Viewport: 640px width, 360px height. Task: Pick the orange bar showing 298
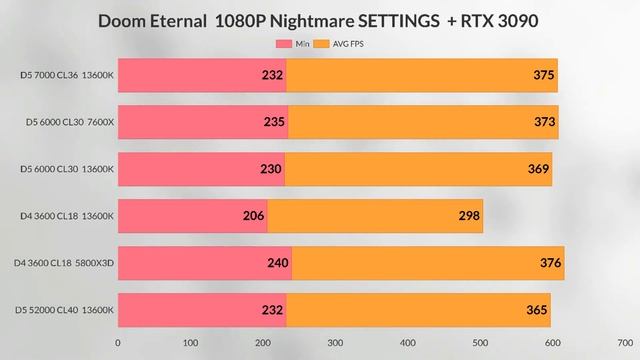(375, 216)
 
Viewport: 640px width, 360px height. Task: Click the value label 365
(537, 310)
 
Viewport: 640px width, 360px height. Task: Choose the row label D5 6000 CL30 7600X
(70, 122)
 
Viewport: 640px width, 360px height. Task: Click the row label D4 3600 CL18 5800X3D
(66, 263)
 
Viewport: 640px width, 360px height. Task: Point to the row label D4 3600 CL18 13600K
(67, 216)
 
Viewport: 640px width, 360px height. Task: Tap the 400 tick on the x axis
(408, 341)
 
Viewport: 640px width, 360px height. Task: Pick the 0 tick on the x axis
(118, 341)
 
